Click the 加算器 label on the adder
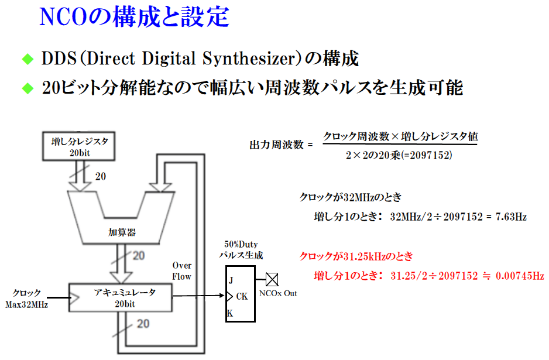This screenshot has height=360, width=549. tap(122, 232)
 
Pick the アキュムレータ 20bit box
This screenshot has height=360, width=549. tap(121, 297)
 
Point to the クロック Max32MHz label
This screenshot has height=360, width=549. tap(27, 298)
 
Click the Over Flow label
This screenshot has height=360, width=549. tap(182, 271)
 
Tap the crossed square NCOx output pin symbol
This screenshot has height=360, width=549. tap(272, 279)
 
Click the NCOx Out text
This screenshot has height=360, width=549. tap(278, 293)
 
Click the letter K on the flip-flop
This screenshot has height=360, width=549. tap(230, 314)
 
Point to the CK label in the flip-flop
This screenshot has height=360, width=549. tap(242, 297)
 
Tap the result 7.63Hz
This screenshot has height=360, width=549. tap(511, 217)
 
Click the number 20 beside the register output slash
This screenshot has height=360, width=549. tap(100, 176)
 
